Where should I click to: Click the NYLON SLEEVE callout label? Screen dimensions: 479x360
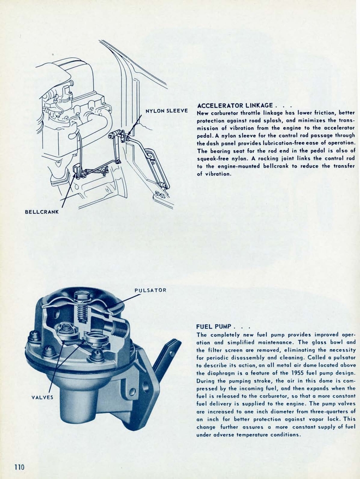166,111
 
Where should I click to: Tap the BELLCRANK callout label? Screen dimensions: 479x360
42,212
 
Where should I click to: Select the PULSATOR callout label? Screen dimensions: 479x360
150,290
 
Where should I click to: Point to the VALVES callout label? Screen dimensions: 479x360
42,398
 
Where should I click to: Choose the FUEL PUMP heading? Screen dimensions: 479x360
214,326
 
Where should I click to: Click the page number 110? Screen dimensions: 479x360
19,466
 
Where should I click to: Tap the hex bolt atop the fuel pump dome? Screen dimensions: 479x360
81,296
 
